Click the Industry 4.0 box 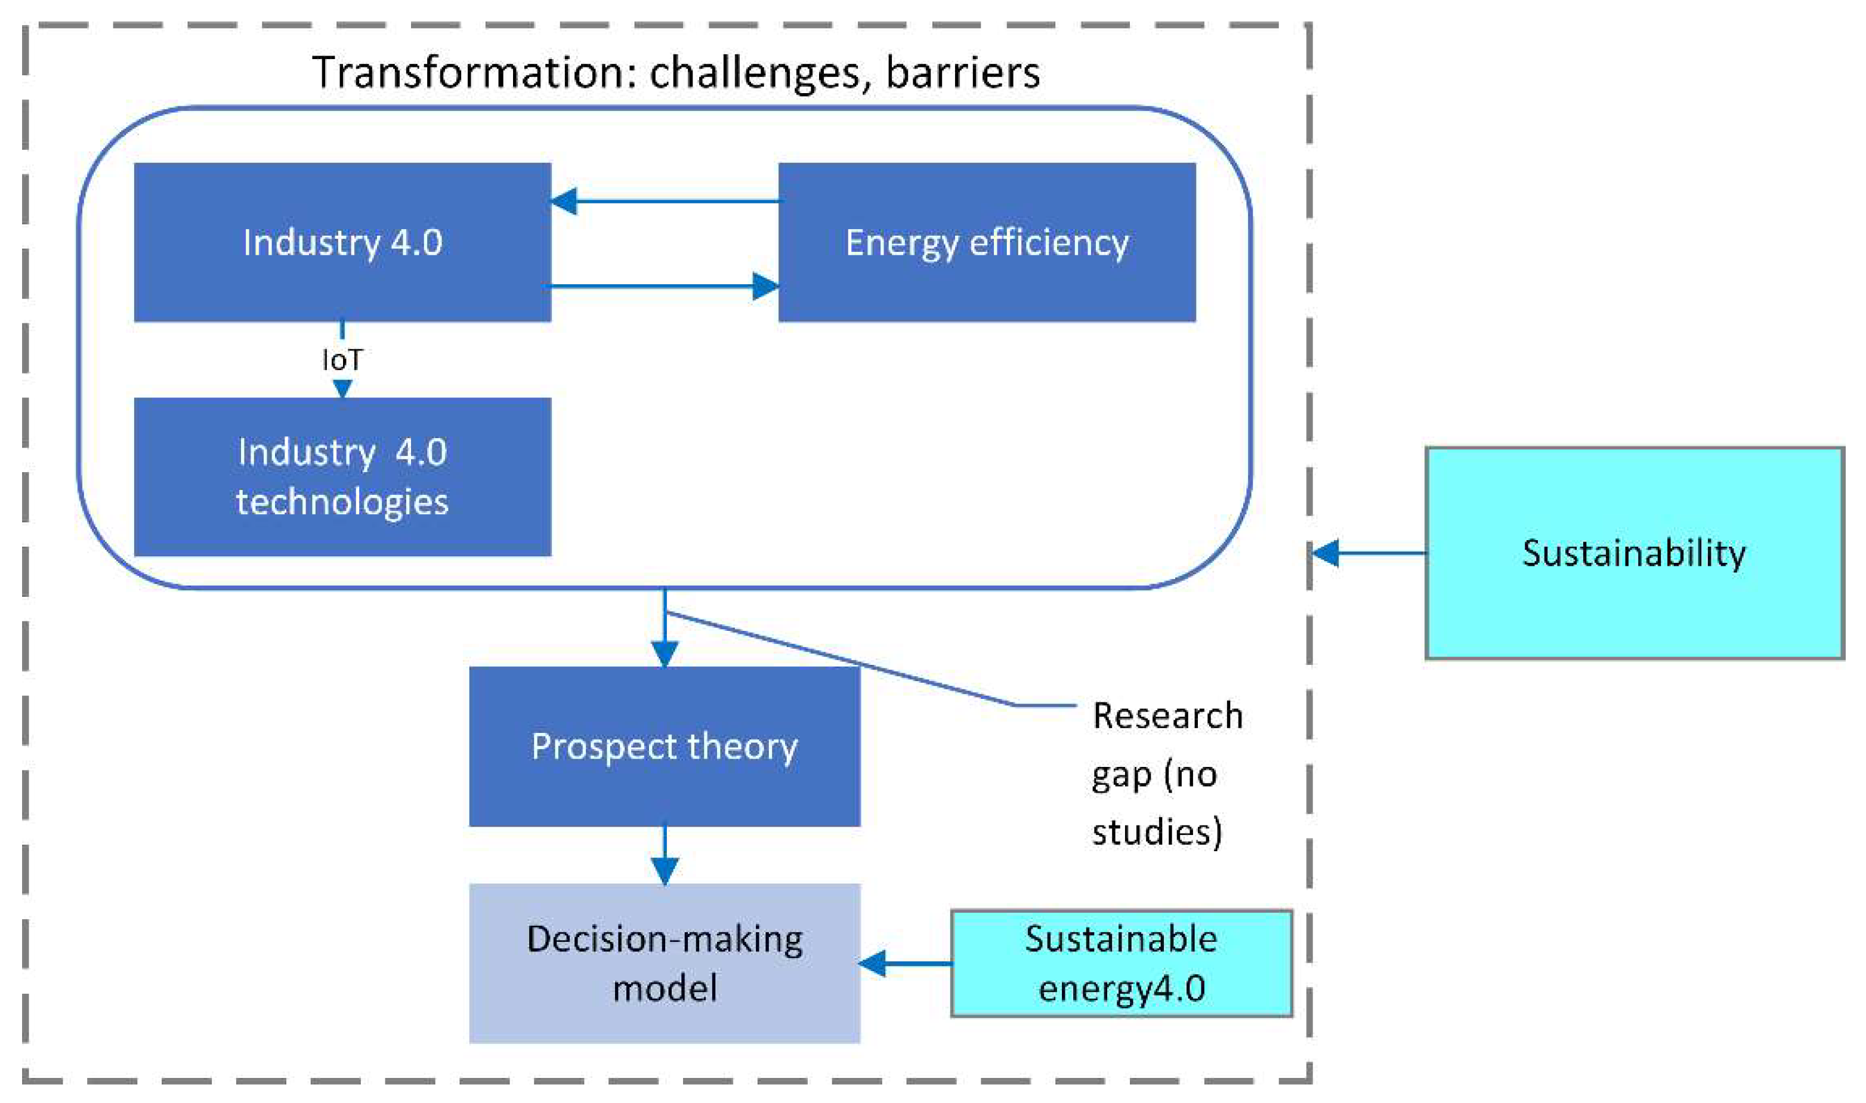(x=342, y=242)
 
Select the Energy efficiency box (x=987, y=242)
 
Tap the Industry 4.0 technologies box (x=342, y=476)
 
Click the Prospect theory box (x=664, y=746)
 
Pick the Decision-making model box (x=664, y=963)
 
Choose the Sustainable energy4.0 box (x=1121, y=963)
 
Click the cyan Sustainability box (x=1633, y=553)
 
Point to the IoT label (x=342, y=361)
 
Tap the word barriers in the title (x=963, y=73)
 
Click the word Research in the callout (x=1167, y=716)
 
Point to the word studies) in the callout (x=1157, y=831)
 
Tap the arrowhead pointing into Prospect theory (x=664, y=654)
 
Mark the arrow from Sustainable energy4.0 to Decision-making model (x=906, y=963)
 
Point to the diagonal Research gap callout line (x=839, y=658)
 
